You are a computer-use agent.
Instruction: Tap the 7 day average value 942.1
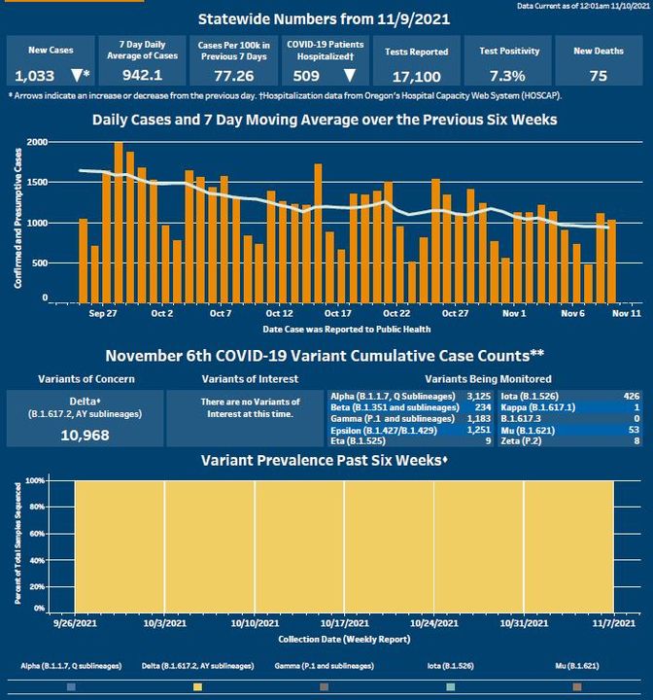(140, 75)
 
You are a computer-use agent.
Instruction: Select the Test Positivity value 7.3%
(507, 75)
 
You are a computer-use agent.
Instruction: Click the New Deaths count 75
(598, 75)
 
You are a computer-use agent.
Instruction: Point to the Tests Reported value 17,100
(415, 75)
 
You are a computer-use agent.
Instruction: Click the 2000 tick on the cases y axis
(37, 142)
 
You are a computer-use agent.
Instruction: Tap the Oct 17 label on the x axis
(338, 314)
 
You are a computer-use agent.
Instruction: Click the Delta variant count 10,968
(85, 435)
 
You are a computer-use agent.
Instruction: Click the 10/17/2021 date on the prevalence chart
(344, 623)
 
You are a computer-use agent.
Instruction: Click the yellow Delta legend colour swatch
(198, 686)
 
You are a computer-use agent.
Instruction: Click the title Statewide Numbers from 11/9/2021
(324, 18)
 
